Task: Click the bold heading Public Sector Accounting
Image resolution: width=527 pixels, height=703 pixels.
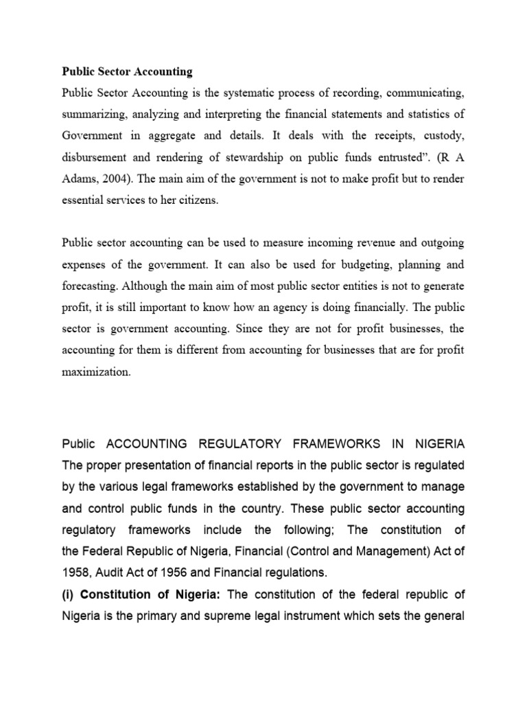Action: click(127, 71)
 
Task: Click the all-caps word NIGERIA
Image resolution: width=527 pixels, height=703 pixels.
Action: click(434, 443)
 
